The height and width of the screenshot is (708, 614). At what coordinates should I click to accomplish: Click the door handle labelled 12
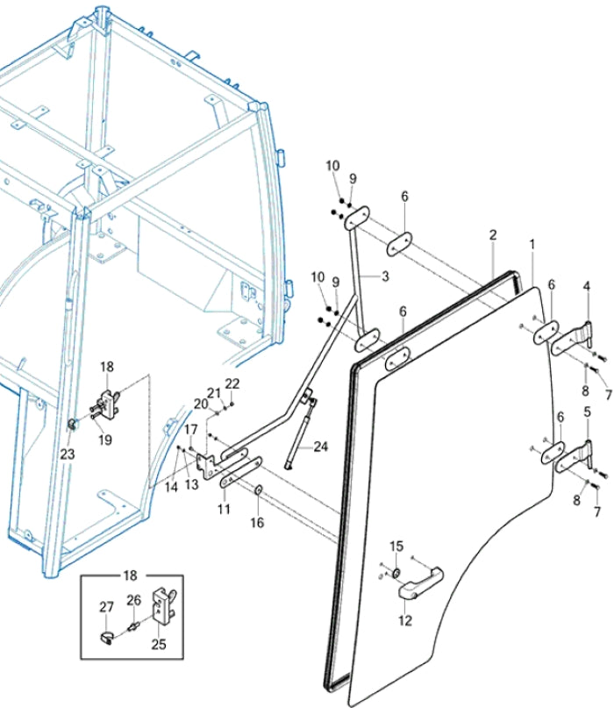tap(420, 582)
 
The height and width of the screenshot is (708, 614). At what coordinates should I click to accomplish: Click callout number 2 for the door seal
tap(493, 235)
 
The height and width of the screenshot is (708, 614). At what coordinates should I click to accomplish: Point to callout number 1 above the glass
tap(532, 242)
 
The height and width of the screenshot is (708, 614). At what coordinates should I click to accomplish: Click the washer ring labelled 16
tap(259, 487)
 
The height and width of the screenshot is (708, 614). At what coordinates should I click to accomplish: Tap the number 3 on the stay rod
tap(383, 275)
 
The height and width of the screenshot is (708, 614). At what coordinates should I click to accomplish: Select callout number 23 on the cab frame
tap(68, 454)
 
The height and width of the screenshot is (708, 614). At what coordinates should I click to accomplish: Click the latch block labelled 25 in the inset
tap(164, 605)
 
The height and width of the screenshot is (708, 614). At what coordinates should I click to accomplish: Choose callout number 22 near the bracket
tap(232, 383)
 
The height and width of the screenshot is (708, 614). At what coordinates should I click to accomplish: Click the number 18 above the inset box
tap(131, 576)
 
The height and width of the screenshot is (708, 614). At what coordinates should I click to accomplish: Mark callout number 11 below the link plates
tap(224, 509)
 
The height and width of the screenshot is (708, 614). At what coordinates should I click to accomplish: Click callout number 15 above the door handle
tap(396, 547)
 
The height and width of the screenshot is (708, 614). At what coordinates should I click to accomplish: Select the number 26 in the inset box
tap(133, 601)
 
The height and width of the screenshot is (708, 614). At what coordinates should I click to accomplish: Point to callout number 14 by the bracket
tap(170, 485)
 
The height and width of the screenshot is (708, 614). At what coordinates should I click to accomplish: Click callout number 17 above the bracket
tap(190, 429)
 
